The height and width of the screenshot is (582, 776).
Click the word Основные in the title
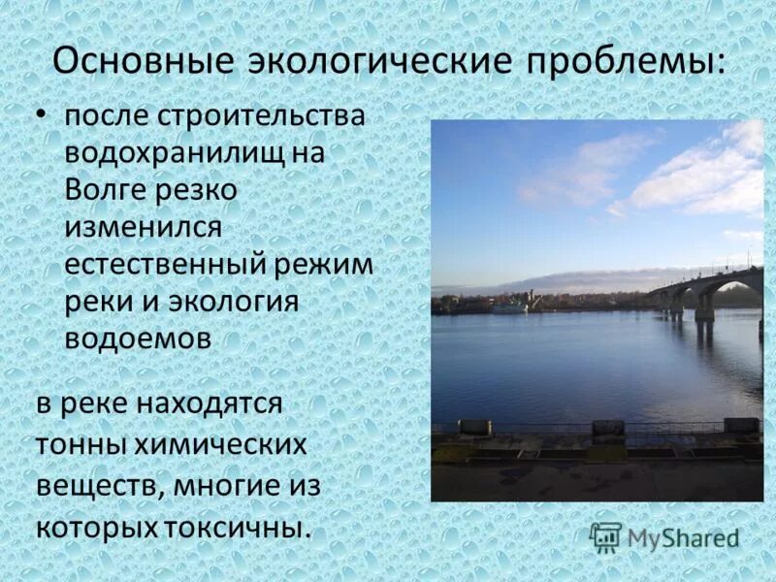[143, 60]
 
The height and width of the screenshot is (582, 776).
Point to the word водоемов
[139, 339]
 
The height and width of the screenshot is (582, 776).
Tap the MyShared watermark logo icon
[605, 535]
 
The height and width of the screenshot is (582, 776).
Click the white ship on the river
[509, 306]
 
